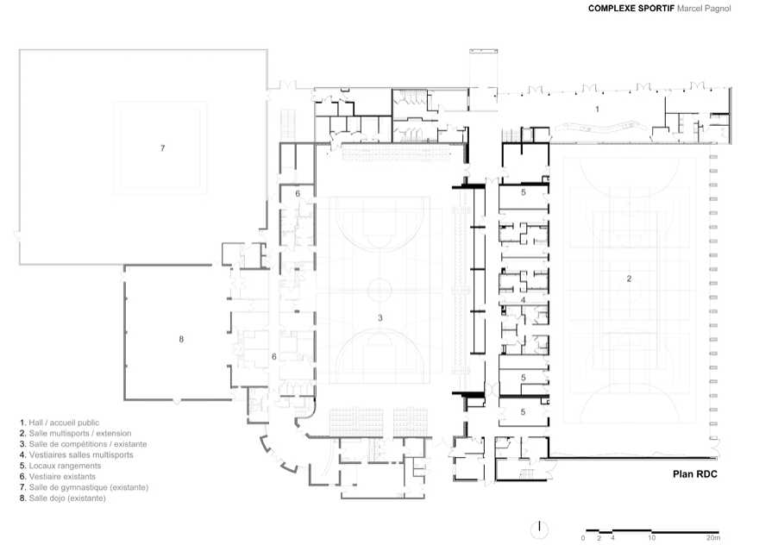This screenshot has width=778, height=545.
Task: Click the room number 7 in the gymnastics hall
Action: [162, 148]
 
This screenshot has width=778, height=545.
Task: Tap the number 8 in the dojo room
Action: [181, 339]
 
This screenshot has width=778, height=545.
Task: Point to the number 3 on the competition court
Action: [380, 318]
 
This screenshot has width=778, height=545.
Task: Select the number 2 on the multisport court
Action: [629, 279]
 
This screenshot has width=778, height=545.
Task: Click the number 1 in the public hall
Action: [597, 110]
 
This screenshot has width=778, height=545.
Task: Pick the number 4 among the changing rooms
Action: [523, 300]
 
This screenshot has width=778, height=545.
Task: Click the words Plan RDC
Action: [694, 474]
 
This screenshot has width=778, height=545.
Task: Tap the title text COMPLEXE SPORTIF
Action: [631, 9]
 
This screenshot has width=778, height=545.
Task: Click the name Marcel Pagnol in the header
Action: [704, 9]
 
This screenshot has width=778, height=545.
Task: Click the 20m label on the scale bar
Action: [713, 537]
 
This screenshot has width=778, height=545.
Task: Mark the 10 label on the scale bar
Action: [651, 537]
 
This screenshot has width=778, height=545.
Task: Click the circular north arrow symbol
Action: [539, 530]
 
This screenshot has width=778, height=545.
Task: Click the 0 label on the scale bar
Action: [583, 538]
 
